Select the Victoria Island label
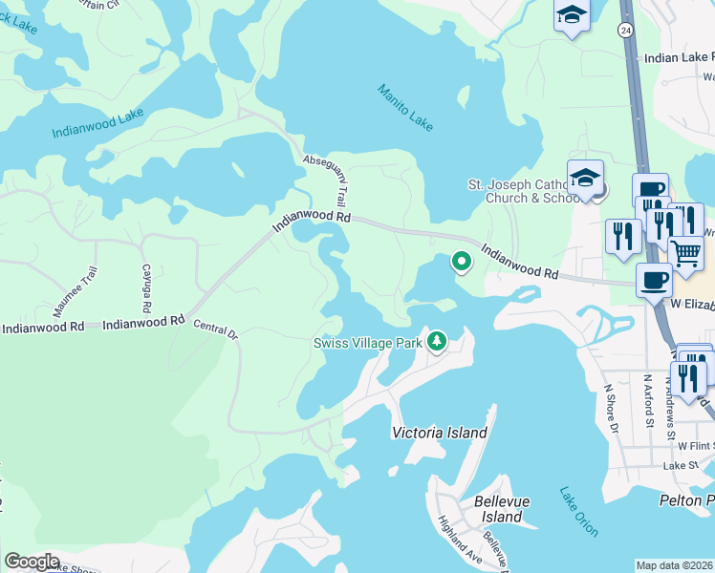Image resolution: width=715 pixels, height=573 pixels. point(440,433)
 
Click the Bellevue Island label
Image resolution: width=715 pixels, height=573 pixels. point(498,509)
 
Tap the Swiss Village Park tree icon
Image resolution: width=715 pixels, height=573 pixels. point(437,340)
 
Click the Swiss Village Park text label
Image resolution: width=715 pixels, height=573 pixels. point(368,343)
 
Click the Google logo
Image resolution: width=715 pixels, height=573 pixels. point(32,562)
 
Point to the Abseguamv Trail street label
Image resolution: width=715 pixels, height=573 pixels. point(323,181)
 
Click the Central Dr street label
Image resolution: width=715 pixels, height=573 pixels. point(215,331)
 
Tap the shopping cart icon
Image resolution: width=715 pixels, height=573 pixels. point(684,252)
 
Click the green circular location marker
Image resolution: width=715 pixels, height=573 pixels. point(461,261)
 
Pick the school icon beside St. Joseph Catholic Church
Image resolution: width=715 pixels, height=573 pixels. point(585,177)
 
